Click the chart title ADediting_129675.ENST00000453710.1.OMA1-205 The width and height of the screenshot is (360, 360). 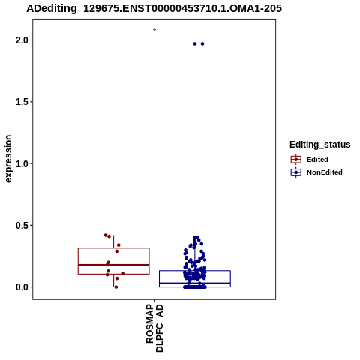(x=154, y=8)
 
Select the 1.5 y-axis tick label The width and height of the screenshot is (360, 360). (x=21, y=102)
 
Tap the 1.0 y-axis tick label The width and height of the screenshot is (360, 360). (x=21, y=163)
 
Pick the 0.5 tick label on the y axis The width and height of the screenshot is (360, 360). (x=21, y=225)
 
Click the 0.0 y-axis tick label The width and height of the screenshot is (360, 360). (x=21, y=287)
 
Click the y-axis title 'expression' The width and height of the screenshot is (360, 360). (x=8, y=159)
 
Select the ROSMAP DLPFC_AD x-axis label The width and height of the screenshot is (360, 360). (x=154, y=328)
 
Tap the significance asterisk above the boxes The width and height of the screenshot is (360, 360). (x=154, y=30)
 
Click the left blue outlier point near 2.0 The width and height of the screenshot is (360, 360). (x=195, y=44)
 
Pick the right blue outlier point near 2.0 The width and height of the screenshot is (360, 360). (x=202, y=44)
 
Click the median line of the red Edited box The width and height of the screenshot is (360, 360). (x=114, y=265)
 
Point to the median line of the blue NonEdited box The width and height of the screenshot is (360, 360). (x=195, y=283)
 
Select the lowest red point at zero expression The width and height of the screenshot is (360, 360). (x=116, y=287)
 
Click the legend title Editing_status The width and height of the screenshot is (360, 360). (x=320, y=145)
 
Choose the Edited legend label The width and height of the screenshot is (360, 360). (x=317, y=160)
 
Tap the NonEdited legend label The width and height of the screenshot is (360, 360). (x=325, y=172)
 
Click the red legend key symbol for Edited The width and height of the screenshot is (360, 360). (x=296, y=160)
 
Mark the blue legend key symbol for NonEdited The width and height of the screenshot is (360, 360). (x=296, y=172)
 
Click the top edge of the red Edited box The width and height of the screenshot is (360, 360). (x=114, y=248)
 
